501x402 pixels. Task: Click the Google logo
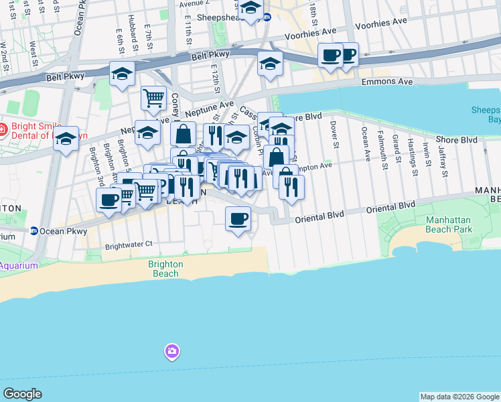pyautogui.click(x=22, y=394)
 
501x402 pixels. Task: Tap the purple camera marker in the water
pyautogui.click(x=172, y=351)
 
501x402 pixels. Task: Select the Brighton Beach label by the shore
pyautogui.click(x=165, y=268)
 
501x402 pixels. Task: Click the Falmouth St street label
pyautogui.click(x=380, y=145)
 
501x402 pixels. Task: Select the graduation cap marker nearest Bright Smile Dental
pyautogui.click(x=66, y=139)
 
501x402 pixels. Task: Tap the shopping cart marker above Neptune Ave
pyautogui.click(x=153, y=98)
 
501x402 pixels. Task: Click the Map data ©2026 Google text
pyautogui.click(x=459, y=397)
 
